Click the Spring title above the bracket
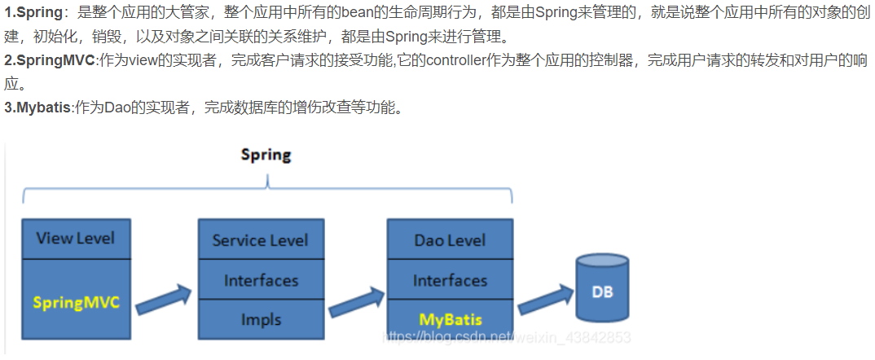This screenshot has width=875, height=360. coord(266,155)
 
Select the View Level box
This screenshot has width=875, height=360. coord(76,239)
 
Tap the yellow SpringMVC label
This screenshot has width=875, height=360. coord(76,302)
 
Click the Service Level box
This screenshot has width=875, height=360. coord(260,239)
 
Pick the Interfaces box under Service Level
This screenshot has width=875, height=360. coord(260,280)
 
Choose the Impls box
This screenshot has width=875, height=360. coord(260,319)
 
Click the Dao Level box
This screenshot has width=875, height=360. coord(450,239)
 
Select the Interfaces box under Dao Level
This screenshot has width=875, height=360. coord(450,280)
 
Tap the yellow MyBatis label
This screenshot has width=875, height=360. coord(451,319)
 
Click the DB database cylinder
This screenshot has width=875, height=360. coord(602,290)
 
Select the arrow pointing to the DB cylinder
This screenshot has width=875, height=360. coord(545,299)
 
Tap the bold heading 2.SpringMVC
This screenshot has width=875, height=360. coord(50,60)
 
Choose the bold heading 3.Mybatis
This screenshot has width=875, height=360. coord(37,108)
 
